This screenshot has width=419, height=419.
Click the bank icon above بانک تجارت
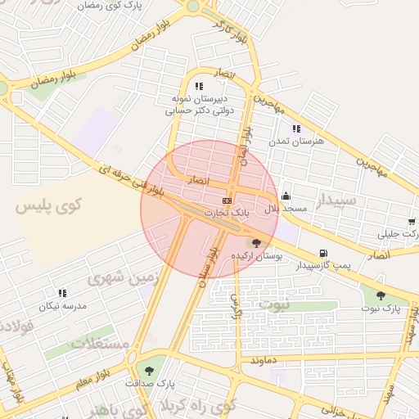pyautogui.click(x=227, y=200)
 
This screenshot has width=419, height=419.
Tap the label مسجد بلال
pyautogui.click(x=285, y=209)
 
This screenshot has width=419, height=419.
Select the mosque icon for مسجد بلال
pyautogui.click(x=285, y=196)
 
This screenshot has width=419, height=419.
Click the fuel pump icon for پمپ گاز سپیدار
pyautogui.click(x=323, y=253)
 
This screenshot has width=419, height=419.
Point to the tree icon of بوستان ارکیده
pyautogui.click(x=257, y=243)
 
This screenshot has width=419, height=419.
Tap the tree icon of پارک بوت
pyautogui.click(x=380, y=295)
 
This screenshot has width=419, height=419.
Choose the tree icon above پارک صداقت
pyautogui.click(x=150, y=370)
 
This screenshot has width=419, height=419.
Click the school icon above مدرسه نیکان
pyautogui.click(x=62, y=292)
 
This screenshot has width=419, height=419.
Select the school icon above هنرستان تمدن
pyautogui.click(x=296, y=128)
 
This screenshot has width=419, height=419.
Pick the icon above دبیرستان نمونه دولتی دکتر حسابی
pyautogui.click(x=199, y=86)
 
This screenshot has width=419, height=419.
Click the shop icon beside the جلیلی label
pyautogui.click(x=411, y=222)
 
